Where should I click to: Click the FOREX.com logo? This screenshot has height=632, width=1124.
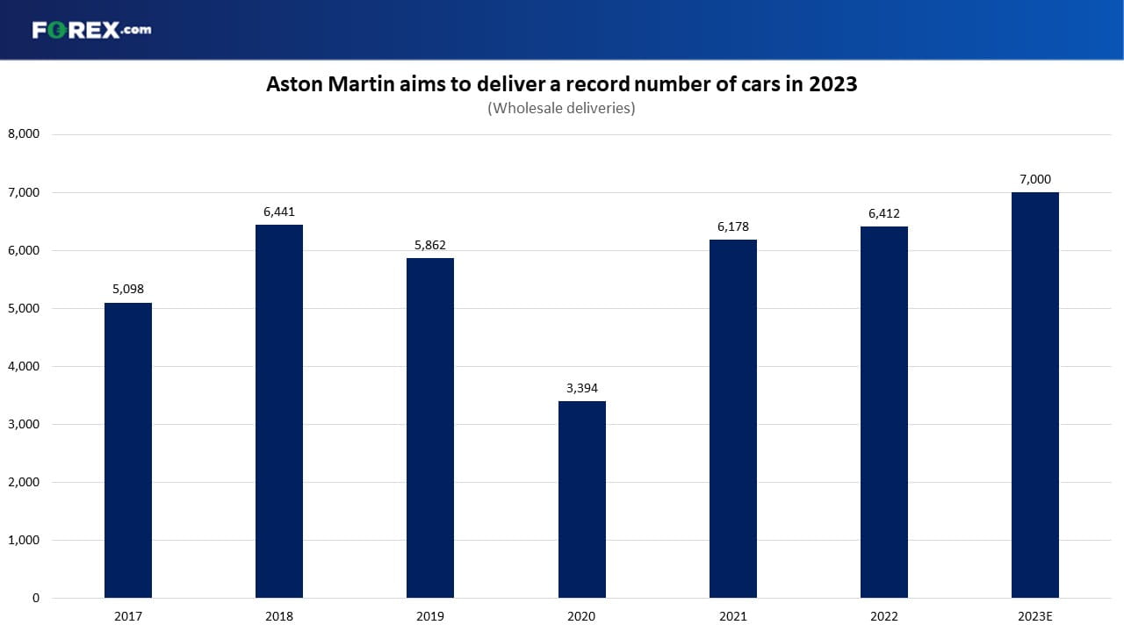point(92,30)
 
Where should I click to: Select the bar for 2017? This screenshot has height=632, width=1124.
point(128,450)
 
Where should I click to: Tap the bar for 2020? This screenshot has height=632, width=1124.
point(582,499)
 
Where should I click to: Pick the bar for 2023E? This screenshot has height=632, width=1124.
point(1035,395)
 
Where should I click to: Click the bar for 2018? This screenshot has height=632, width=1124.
point(279,412)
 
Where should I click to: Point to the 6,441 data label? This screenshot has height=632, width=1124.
point(279,212)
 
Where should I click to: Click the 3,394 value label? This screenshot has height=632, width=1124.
point(582,388)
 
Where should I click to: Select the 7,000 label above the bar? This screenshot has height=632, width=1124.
point(1035,179)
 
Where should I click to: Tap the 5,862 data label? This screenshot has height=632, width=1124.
point(430,245)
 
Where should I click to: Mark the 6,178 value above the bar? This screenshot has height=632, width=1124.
point(733,226)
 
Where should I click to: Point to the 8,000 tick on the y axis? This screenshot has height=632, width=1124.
point(24,134)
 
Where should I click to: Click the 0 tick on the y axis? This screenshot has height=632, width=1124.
point(36,598)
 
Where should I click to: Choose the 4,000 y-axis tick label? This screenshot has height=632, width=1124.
point(24,366)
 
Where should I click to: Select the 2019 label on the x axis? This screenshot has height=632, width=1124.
point(430,616)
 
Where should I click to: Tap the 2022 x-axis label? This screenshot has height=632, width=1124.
point(884,616)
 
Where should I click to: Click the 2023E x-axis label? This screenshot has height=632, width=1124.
point(1035,616)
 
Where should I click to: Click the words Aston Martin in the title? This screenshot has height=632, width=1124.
point(330,83)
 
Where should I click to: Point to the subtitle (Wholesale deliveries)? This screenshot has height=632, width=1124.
point(561,108)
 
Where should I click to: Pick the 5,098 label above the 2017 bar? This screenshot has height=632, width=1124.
point(128,289)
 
